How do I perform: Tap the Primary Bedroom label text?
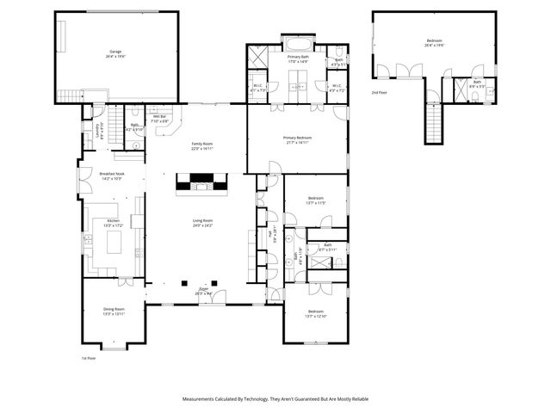(298, 139)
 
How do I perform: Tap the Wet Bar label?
(159, 119)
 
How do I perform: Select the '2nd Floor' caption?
(379, 91)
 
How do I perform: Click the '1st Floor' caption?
(87, 357)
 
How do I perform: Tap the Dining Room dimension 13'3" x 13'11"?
(115, 315)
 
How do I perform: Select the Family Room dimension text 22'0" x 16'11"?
(201, 149)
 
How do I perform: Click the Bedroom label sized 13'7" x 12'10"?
(315, 313)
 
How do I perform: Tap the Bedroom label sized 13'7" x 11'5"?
(315, 201)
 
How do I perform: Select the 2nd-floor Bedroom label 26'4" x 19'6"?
(434, 42)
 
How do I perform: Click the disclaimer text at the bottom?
(275, 398)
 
